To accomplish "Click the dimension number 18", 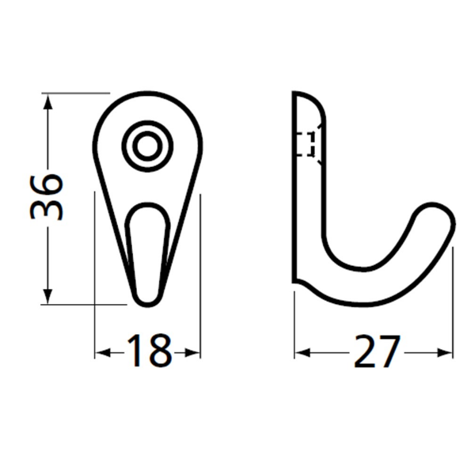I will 147,351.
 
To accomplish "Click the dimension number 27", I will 374,351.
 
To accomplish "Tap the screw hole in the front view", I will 146,146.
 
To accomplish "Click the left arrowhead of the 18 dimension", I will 101,352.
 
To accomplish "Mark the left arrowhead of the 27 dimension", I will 301,352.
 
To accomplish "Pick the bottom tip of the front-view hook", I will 146,300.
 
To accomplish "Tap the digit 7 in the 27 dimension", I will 388,351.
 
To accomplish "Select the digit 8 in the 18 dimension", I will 159,351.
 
